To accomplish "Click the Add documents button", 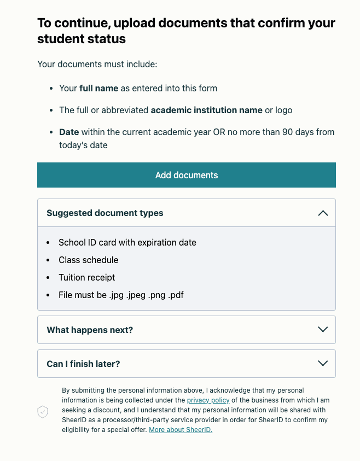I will click(187, 175).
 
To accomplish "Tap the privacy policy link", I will click(208, 400).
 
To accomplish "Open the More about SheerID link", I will click(181, 430).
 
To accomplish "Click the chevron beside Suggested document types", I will click(323, 213).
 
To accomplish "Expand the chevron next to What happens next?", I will click(323, 330).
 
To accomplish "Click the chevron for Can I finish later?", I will click(323, 364).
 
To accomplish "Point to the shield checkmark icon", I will click(43, 412).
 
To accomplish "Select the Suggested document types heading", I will click(105, 213).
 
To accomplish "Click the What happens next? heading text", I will click(90, 330).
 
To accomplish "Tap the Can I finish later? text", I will click(84, 364).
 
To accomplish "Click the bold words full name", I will click(99, 88).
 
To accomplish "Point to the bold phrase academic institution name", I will click(206, 110).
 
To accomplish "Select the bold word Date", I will click(69, 132).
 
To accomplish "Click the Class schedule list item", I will click(89, 260).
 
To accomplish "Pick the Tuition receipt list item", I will click(87, 277).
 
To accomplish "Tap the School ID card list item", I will click(127, 242).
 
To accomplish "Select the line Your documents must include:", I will click(97, 65).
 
